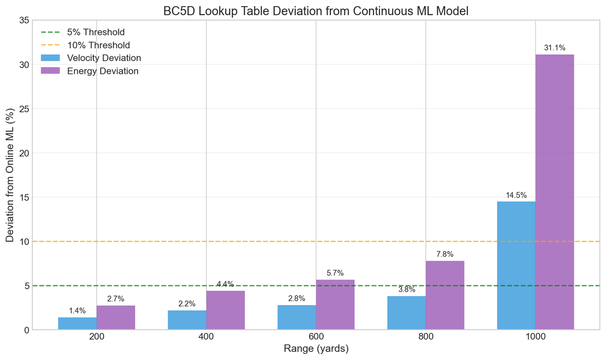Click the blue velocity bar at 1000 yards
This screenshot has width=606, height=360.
516,265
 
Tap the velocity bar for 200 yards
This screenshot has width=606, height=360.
77,324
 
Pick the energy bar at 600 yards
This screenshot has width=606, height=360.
335,305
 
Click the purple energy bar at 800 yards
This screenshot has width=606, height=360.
445,295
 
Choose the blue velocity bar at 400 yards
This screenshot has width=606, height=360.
187,320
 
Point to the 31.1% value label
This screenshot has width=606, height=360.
554,48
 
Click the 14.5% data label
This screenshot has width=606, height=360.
516,195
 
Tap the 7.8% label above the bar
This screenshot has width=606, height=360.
445,254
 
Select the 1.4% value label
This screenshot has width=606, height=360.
77,311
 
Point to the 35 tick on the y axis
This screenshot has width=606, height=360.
23,20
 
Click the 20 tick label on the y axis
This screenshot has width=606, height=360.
23,153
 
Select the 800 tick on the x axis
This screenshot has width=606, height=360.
426,337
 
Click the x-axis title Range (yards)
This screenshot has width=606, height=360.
316,349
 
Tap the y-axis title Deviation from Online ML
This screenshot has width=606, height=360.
10,175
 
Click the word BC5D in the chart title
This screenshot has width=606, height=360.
177,11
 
